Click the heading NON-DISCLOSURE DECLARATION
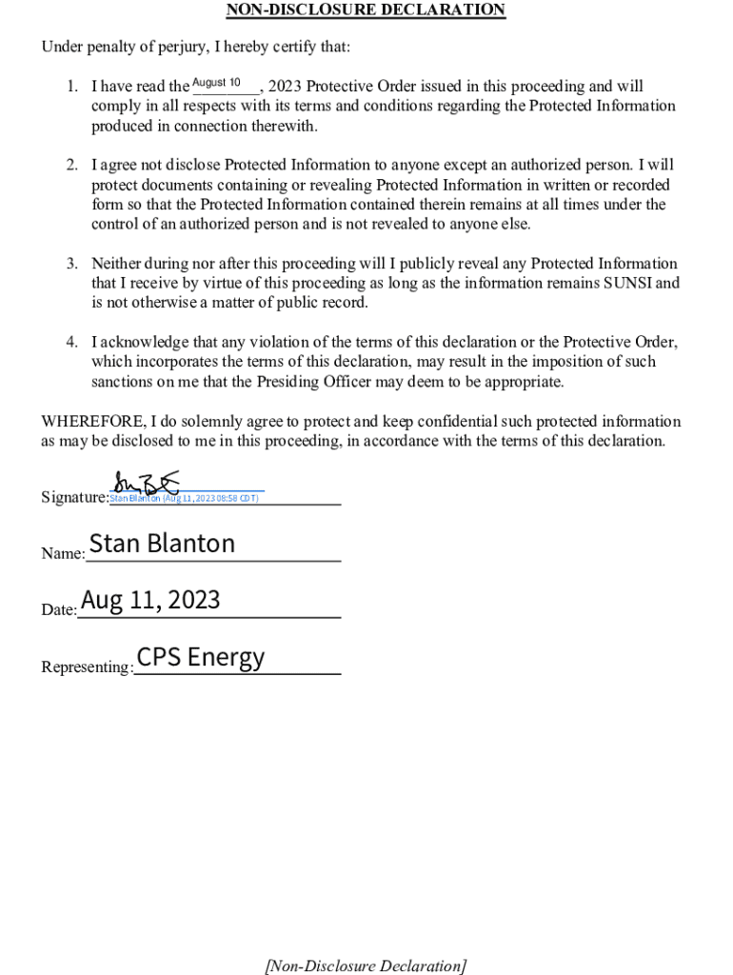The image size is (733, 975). click(x=366, y=10)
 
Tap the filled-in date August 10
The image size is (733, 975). click(x=216, y=83)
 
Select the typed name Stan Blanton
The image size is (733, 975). click(x=162, y=544)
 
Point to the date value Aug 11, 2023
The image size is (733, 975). click(x=150, y=600)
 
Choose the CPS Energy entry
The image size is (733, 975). click(x=201, y=657)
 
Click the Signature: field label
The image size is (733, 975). click(x=75, y=497)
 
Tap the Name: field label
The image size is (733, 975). click(x=63, y=553)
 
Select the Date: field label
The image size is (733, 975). click(x=59, y=609)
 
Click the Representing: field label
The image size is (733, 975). click(x=87, y=667)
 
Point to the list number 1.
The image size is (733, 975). click(x=71, y=87)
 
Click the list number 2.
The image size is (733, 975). click(x=71, y=166)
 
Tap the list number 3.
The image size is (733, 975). click(x=71, y=264)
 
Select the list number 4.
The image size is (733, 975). click(x=71, y=343)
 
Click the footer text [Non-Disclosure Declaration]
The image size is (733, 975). click(x=366, y=965)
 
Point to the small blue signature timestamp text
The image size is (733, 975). click(x=184, y=498)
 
